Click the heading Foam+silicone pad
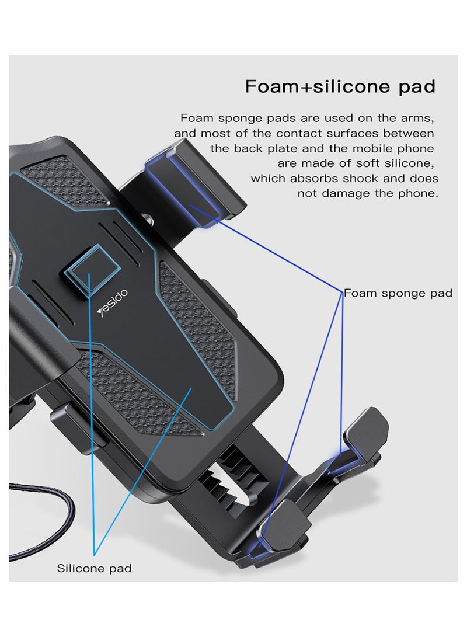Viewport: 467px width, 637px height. pyautogui.click(x=340, y=86)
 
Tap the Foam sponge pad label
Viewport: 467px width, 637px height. pyautogui.click(x=398, y=293)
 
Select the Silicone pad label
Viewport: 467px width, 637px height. pyautogui.click(x=93, y=568)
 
